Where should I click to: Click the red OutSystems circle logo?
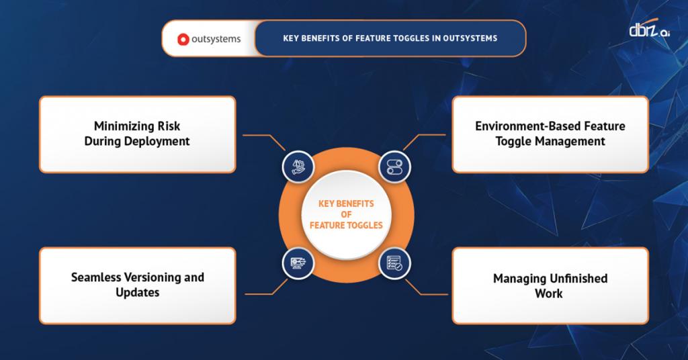tap(182, 39)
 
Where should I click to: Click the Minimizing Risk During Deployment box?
tap(137, 134)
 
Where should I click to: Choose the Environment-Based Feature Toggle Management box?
tap(550, 134)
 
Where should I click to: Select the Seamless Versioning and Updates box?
tap(137, 285)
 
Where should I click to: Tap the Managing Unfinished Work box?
tap(550, 285)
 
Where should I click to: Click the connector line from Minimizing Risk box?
tap(259, 135)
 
